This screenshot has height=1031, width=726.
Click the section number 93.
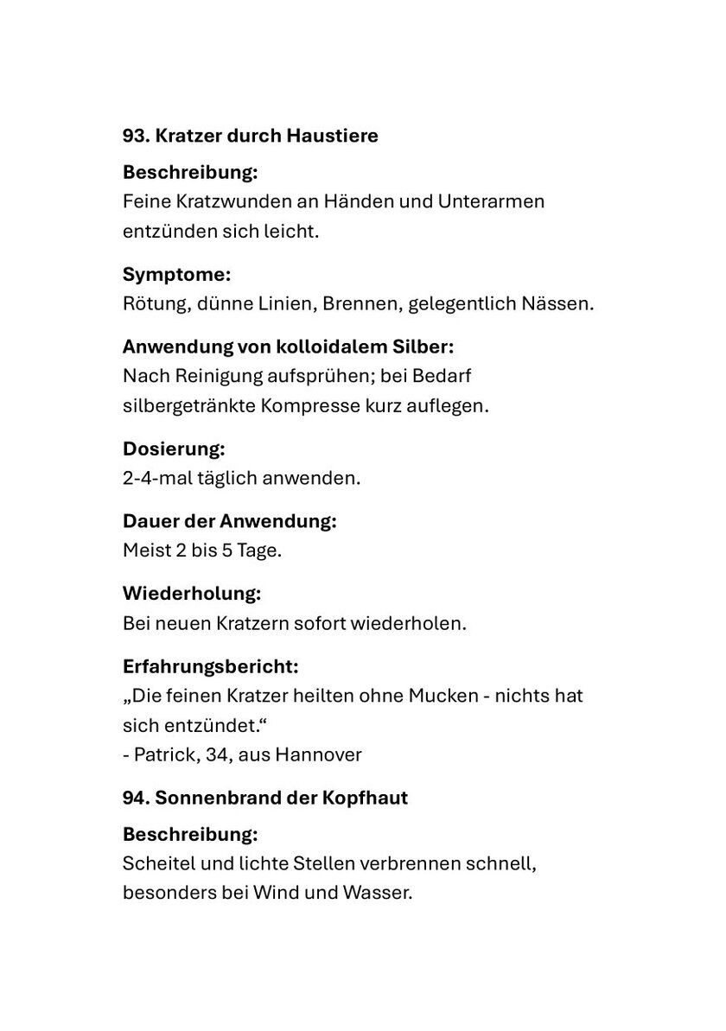pos(136,136)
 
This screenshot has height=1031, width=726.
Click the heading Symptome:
pos(176,275)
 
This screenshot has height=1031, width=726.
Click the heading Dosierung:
pos(174,449)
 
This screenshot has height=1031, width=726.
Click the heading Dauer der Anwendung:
pos(229,521)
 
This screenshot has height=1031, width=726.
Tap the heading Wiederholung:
pos(192,594)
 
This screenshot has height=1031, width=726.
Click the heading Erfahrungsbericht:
pos(211,666)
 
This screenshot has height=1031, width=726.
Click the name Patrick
pos(162,754)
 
